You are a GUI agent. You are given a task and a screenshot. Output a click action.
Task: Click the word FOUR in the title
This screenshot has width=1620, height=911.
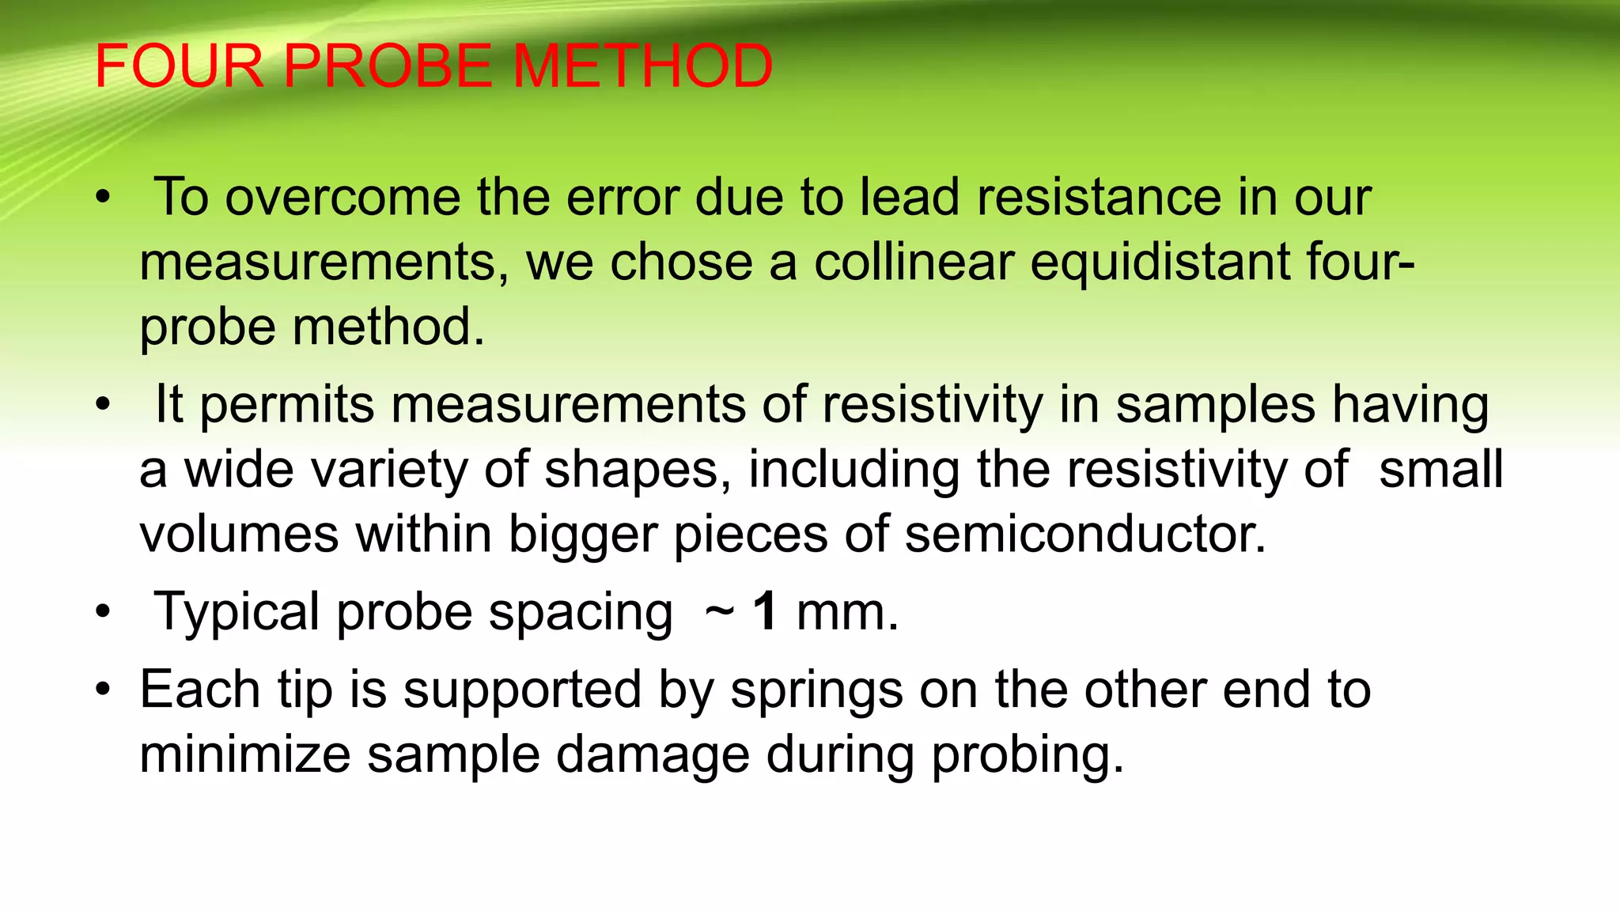[x=179, y=66]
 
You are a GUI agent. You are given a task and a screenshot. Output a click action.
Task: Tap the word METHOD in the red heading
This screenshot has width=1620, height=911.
[x=643, y=66]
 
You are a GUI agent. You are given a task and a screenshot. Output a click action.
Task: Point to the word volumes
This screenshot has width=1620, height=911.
[x=240, y=535]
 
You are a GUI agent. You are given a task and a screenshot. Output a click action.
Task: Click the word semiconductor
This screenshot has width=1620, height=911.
[x=1085, y=535]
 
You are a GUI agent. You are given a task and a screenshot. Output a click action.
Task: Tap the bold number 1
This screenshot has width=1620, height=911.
[x=765, y=612]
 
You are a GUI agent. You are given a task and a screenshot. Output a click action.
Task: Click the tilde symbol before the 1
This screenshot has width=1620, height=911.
[x=719, y=612]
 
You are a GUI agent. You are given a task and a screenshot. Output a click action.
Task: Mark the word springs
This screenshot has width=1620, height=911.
[x=816, y=691]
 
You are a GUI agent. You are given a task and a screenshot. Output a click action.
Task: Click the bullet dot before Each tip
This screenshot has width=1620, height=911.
[x=102, y=690]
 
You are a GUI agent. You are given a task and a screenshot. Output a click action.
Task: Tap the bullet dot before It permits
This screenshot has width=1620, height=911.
[x=102, y=405]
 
